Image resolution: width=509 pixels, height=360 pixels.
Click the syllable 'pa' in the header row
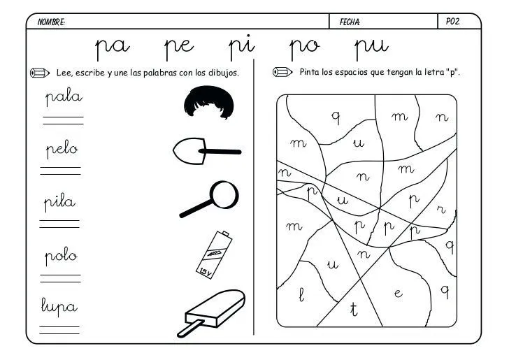[113, 48]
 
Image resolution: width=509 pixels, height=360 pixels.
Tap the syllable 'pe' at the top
[179, 48]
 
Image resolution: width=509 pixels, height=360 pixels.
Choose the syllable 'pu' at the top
[371, 48]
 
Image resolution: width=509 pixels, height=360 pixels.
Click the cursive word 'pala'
[64, 97]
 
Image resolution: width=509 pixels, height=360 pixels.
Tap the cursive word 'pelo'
[62, 150]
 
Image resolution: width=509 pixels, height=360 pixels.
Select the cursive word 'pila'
[60, 203]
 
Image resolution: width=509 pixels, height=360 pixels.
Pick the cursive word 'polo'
[61, 255]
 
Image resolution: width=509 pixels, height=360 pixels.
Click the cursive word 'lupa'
[60, 306]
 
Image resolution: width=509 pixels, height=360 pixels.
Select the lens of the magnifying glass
[224, 194]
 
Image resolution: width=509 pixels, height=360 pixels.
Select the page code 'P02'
[452, 22]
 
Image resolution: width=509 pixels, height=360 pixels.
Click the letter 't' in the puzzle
[353, 310]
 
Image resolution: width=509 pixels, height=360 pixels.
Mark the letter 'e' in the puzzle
[398, 294]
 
